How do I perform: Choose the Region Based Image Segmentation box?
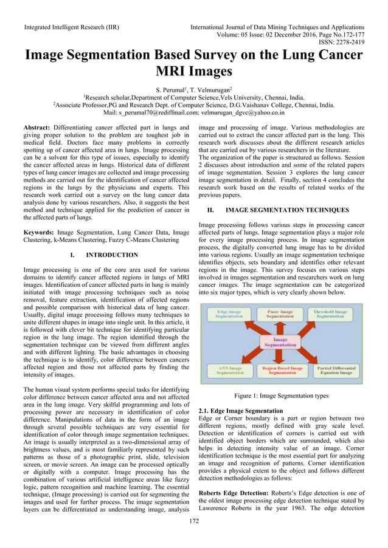[282, 370]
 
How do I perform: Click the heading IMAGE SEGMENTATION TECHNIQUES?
[287, 210]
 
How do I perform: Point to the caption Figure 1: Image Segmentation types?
[282, 394]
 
